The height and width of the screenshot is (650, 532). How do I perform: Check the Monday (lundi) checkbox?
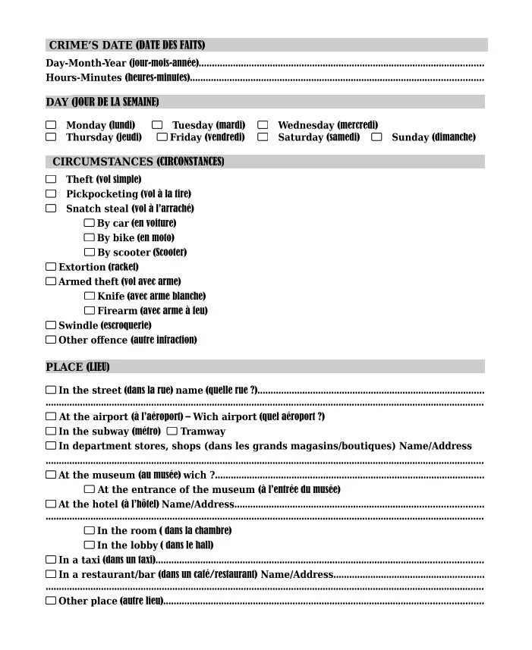click(x=51, y=124)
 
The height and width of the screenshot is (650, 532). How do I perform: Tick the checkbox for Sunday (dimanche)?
click(x=376, y=137)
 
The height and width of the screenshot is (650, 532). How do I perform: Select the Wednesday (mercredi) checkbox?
click(x=263, y=124)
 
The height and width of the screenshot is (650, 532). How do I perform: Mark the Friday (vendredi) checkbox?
click(x=162, y=137)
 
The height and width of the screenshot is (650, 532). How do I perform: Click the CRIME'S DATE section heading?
click(x=127, y=46)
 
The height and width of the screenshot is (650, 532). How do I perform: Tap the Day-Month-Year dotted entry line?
click(x=342, y=64)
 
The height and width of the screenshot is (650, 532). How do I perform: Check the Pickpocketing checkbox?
click(x=51, y=193)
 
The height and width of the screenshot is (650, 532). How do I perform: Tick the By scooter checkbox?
click(x=89, y=252)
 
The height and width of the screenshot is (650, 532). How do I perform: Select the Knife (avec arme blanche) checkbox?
click(x=89, y=296)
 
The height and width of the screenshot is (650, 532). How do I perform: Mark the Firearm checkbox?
click(x=89, y=310)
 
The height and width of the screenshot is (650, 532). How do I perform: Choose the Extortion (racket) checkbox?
click(x=51, y=267)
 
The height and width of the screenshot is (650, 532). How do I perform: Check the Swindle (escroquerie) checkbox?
click(x=51, y=325)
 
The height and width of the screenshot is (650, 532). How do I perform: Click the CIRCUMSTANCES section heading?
click(x=137, y=162)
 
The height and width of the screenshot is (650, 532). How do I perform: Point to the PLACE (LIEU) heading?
click(x=77, y=367)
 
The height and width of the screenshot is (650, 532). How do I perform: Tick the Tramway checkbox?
click(x=172, y=431)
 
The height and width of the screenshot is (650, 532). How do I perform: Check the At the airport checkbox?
click(x=51, y=416)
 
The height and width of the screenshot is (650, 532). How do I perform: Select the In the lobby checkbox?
click(x=89, y=545)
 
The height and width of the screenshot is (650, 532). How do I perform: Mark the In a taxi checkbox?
click(x=51, y=560)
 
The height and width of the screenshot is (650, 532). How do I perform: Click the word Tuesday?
click(x=192, y=125)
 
